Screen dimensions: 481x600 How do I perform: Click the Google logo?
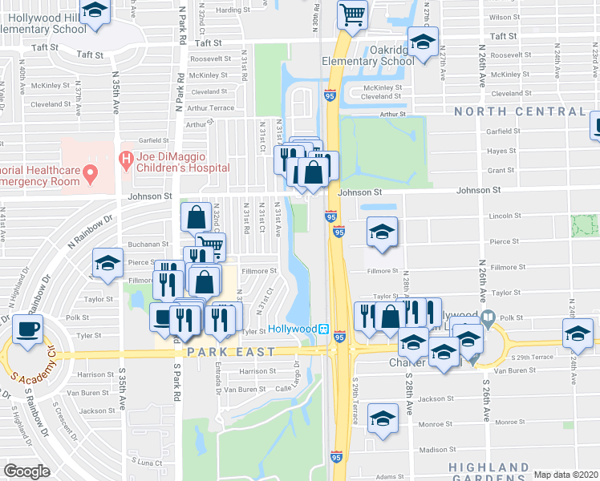click(26, 471)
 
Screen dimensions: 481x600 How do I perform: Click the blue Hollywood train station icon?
click(323, 329)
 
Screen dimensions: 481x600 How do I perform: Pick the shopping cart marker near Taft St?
click(352, 14)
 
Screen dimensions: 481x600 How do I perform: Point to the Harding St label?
click(233, 10)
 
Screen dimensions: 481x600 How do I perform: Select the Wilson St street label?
click(504, 17)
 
